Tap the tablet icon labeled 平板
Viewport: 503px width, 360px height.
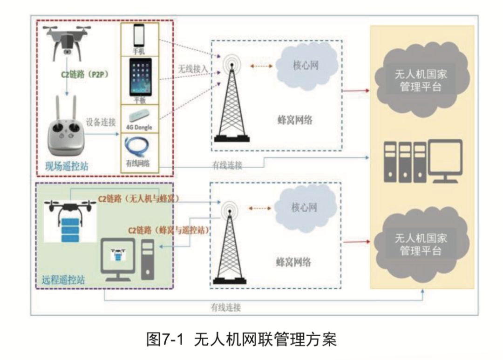coord(140,77)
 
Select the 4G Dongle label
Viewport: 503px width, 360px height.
coord(140,127)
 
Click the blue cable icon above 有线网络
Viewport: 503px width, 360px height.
coord(139,148)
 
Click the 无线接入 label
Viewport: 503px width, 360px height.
coord(192,68)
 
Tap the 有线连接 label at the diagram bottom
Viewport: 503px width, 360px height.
coord(225,307)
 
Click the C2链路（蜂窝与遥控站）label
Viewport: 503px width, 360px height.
coord(168,230)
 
